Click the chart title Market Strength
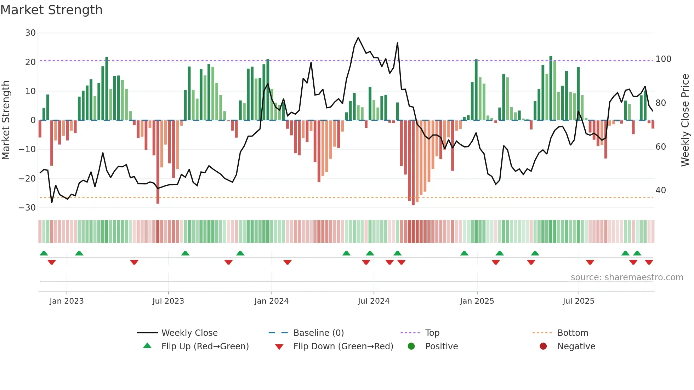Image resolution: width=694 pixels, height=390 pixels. tap(51, 10)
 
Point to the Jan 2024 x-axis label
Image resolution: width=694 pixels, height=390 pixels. tap(271, 301)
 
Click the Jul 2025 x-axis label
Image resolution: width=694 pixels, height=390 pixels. tap(578, 301)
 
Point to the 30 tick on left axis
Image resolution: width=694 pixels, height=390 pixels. tap(30, 33)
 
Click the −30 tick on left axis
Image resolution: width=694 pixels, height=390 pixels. tap(27, 208)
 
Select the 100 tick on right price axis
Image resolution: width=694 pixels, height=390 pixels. tap(663, 59)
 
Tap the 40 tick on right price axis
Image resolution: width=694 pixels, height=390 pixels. tap(660, 190)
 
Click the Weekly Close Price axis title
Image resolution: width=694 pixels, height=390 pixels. tap(685, 120)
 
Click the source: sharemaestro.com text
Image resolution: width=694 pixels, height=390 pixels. tap(627, 277)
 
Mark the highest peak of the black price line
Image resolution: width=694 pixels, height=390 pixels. tap(358, 38)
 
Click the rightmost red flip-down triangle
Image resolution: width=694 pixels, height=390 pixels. tap(649, 262)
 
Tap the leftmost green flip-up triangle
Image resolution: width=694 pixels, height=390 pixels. tap(44, 253)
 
